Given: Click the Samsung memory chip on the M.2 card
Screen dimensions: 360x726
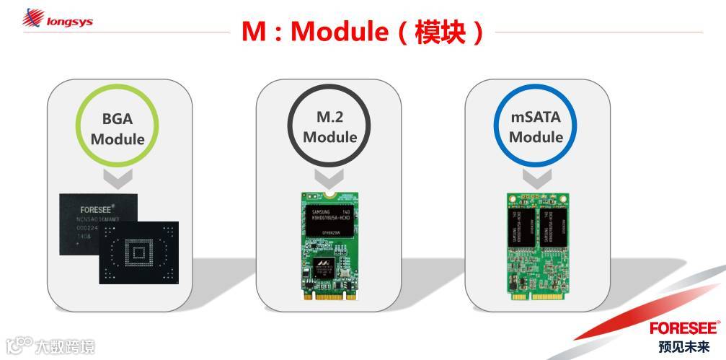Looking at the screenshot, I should click(x=329, y=219).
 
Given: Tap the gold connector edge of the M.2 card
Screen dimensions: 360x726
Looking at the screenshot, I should click(x=329, y=296).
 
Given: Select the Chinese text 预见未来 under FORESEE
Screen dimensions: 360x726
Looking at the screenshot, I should click(x=684, y=346).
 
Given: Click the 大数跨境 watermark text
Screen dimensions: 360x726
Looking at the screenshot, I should click(x=65, y=348).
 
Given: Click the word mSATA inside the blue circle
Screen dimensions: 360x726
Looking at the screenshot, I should click(x=535, y=118).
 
